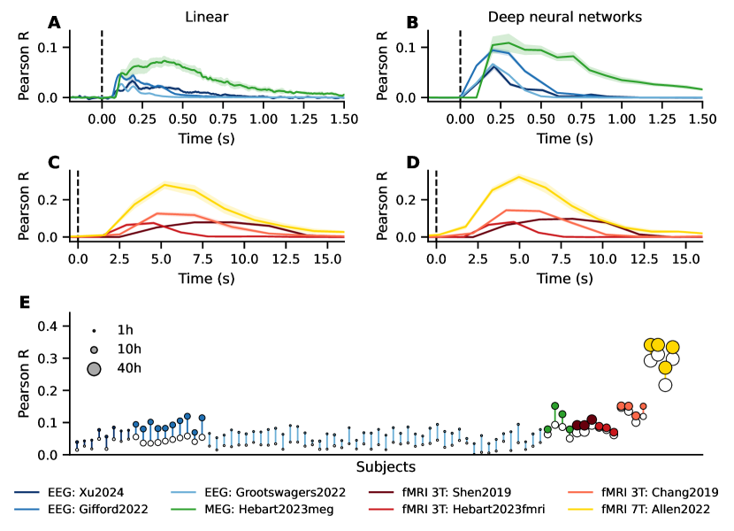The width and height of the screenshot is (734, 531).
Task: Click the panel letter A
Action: pos(55,22)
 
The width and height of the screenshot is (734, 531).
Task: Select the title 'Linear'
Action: pos(206,16)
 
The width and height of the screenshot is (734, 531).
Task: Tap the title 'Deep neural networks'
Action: pos(565,16)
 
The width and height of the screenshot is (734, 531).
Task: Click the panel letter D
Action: pos(411,162)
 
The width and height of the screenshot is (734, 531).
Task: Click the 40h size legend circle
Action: pos(94,369)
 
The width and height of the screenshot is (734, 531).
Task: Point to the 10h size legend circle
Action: pos(94,349)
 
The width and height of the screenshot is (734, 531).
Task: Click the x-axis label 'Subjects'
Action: pos(386,466)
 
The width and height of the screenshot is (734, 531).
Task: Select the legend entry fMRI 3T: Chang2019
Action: pos(658,492)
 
